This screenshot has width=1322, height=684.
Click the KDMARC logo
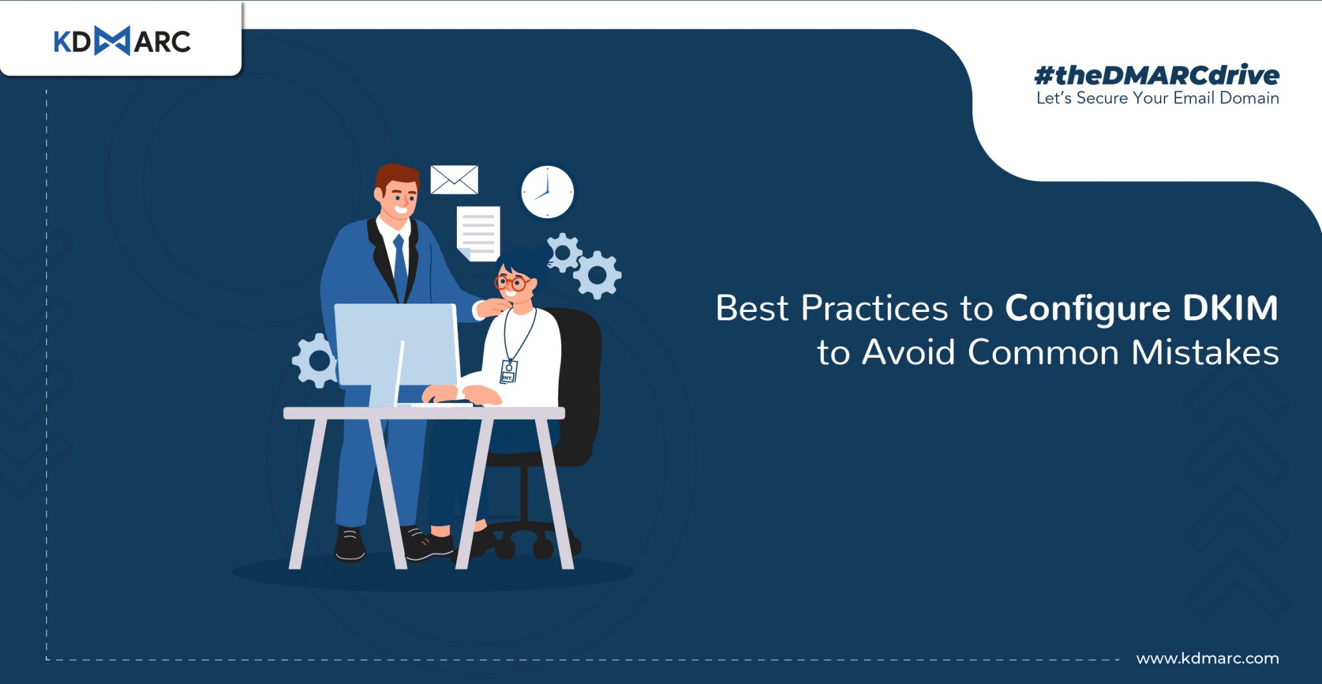tap(122, 41)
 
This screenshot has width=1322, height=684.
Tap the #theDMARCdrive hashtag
tap(1156, 76)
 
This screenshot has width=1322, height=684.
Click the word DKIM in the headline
tap(1230, 308)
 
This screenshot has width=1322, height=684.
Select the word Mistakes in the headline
tap(1205, 353)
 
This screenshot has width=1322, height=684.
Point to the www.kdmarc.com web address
tap(1208, 658)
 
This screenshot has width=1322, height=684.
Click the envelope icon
tap(454, 180)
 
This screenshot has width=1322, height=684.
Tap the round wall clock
tap(547, 192)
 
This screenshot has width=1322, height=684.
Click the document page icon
tap(478, 233)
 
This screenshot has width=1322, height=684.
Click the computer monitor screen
tap(397, 345)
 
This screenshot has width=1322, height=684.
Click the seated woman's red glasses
tap(513, 283)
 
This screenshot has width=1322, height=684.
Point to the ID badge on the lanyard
tap(509, 371)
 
